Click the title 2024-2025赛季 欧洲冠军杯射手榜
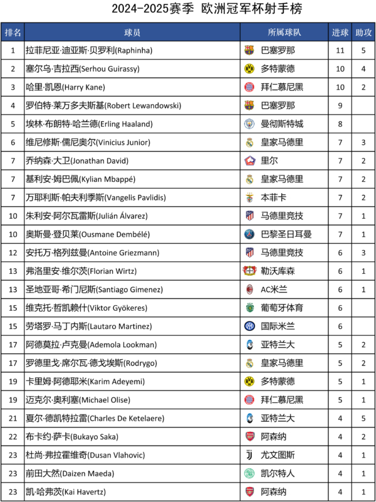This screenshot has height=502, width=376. point(187,9)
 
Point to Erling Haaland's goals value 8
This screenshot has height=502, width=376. point(340,124)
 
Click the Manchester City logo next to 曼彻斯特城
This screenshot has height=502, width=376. point(249,124)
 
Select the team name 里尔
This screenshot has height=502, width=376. point(269,161)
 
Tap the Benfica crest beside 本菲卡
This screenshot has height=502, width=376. point(249,197)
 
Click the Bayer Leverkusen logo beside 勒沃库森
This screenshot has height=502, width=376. point(249,271)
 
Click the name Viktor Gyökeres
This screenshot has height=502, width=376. point(88,308)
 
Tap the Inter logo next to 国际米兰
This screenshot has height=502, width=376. point(249,327)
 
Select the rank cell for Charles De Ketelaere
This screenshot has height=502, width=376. point(13,418)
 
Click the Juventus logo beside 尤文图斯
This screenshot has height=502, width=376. point(249,455)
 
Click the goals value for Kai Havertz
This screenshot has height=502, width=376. point(340,492)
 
